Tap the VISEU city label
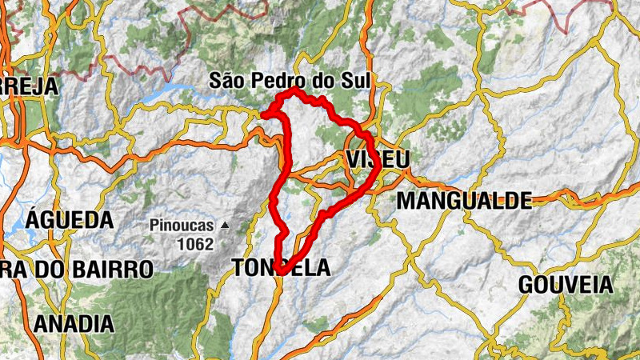(378, 159)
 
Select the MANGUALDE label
(464, 200)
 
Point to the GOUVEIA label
(566, 284)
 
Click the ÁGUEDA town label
(70, 219)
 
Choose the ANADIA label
(74, 324)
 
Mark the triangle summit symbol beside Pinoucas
(226, 226)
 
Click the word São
(226, 80)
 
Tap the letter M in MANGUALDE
(406, 200)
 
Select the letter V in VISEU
(355, 159)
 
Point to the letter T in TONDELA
(238, 268)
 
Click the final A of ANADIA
(106, 324)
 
